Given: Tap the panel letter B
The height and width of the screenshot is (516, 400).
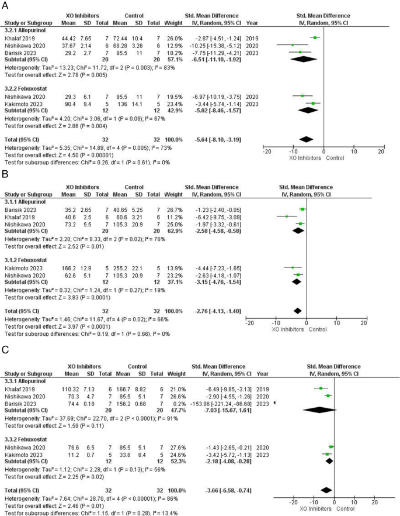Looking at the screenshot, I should click(x=5, y=174).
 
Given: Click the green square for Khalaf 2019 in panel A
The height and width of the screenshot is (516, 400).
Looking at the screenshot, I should click(x=315, y=37).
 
